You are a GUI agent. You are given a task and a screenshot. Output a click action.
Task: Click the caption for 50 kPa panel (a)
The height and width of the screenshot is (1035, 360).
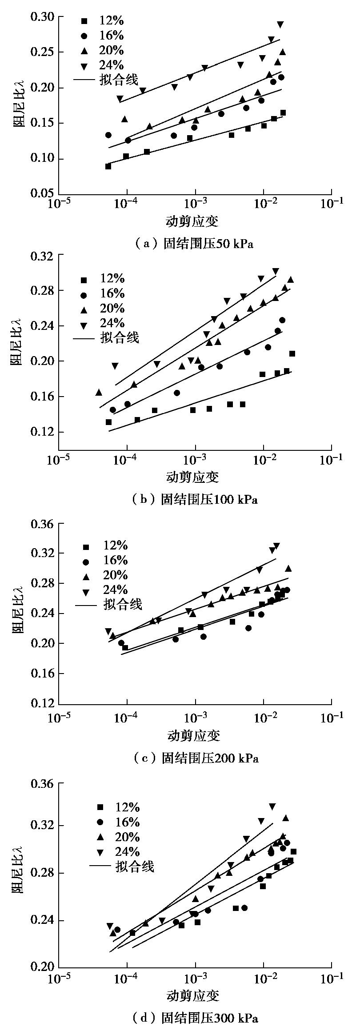(194, 244)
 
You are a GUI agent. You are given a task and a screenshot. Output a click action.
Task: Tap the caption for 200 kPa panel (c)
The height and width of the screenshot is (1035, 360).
(196, 758)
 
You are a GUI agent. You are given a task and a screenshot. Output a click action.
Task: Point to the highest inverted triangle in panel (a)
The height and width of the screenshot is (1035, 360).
(280, 24)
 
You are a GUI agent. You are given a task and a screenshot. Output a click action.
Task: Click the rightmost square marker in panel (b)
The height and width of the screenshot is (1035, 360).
(292, 354)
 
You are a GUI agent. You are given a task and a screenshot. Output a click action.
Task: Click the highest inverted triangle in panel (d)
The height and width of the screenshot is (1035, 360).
(272, 806)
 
